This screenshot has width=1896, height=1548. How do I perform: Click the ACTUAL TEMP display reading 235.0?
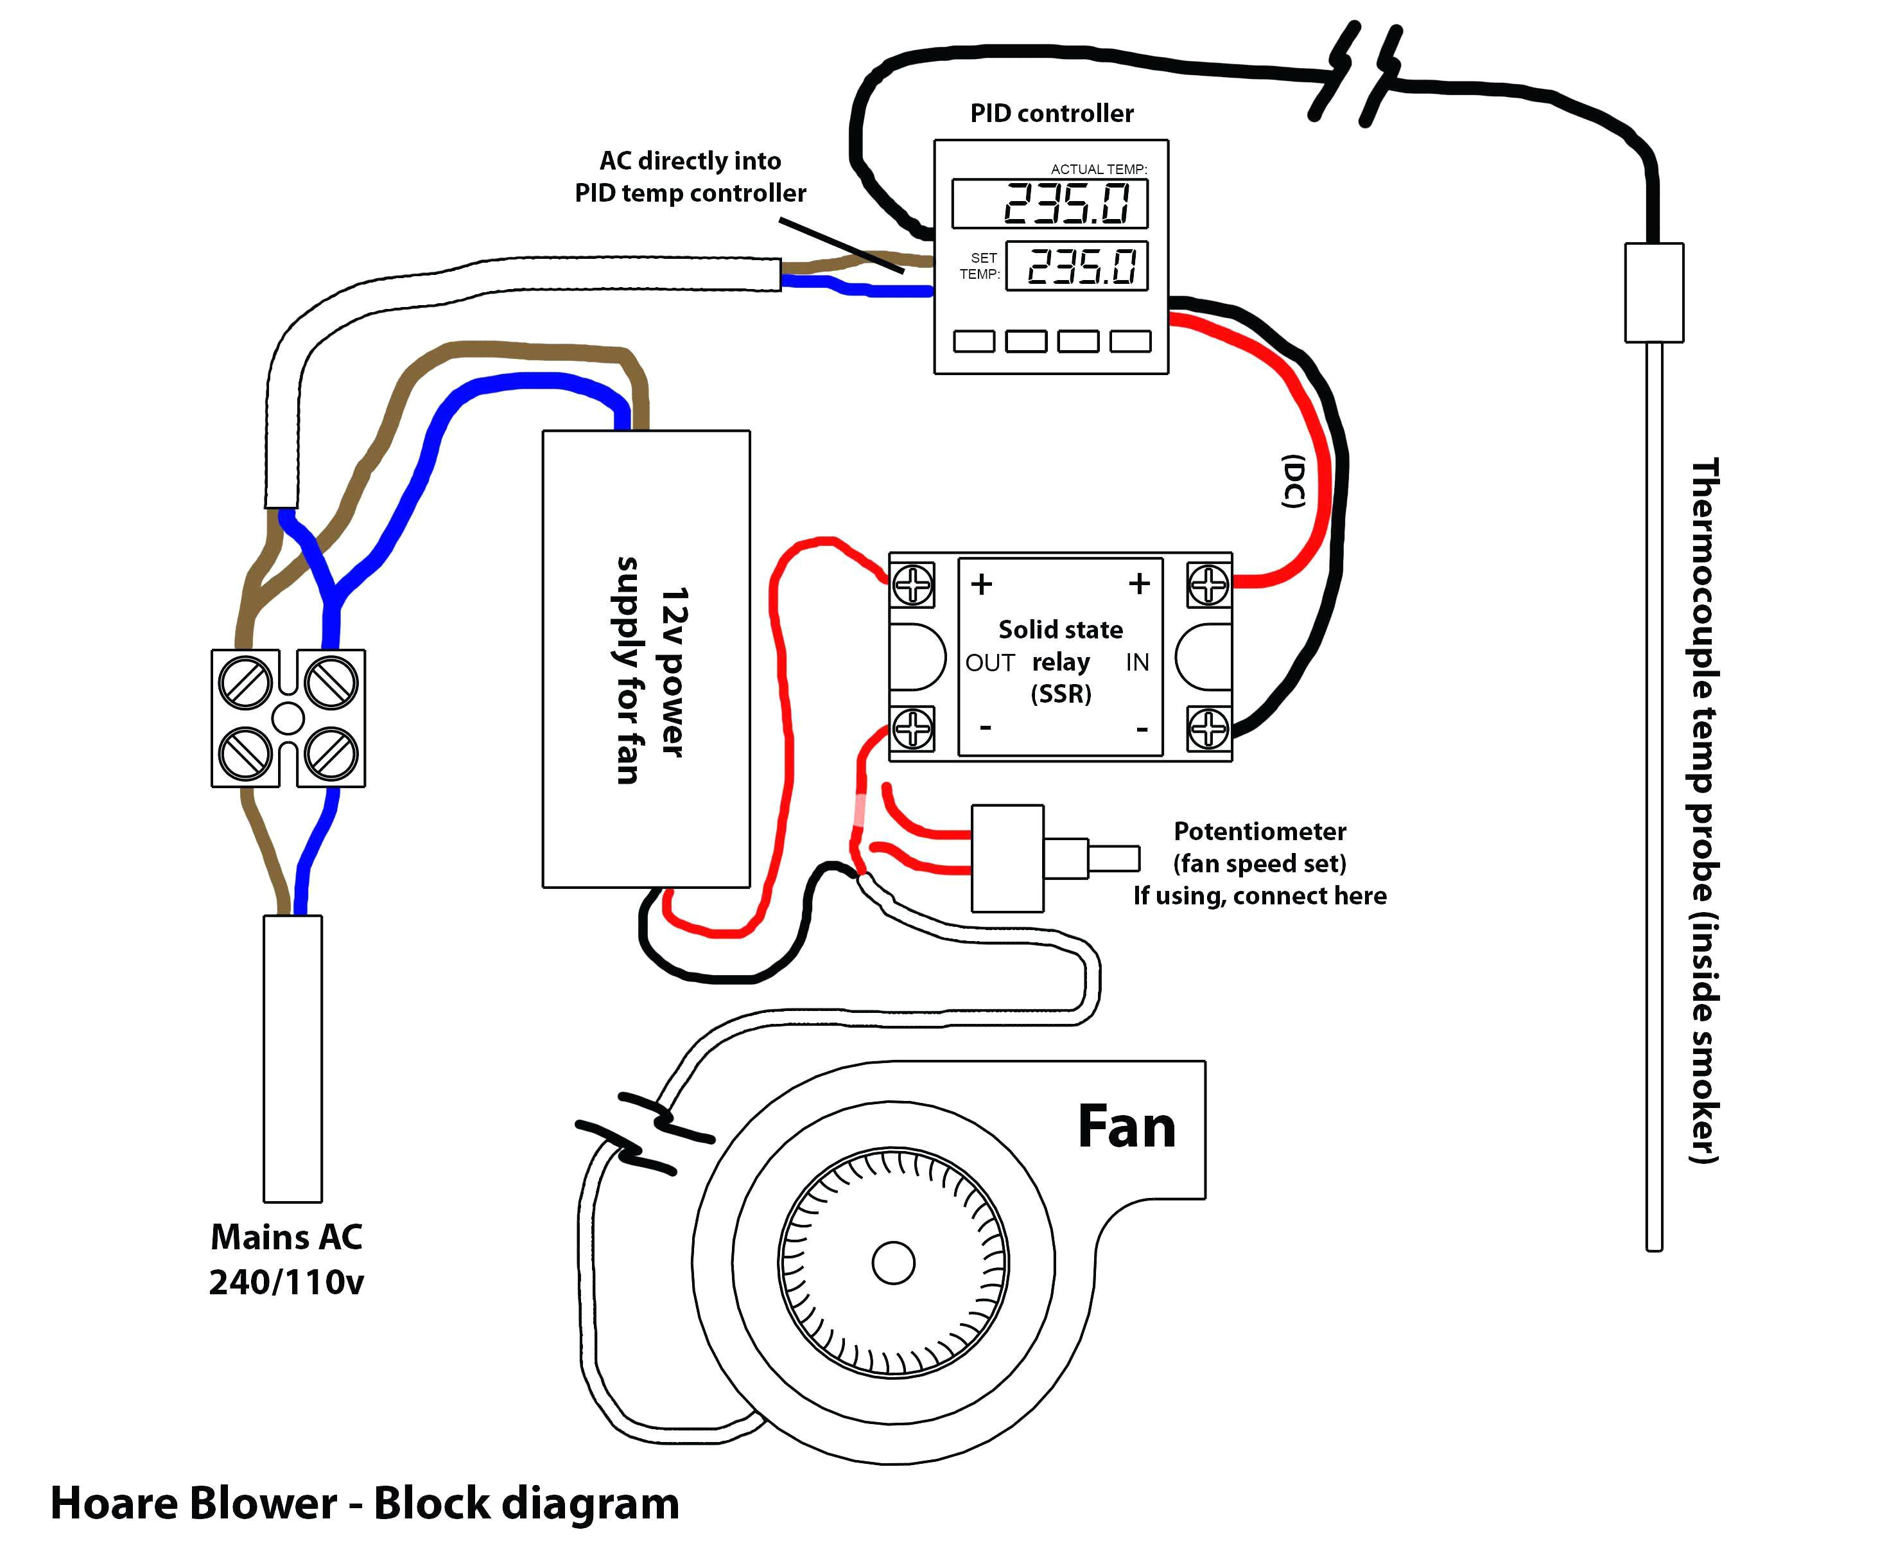click(x=1049, y=204)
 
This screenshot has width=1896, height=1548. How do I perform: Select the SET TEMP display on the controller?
click(x=1077, y=266)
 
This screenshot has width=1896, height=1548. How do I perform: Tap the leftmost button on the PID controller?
click(x=973, y=340)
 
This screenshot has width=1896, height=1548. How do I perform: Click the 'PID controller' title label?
click(x=1051, y=113)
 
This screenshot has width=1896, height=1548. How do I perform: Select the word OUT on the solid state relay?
click(x=989, y=662)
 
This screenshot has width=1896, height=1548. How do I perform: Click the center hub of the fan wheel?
click(x=892, y=1263)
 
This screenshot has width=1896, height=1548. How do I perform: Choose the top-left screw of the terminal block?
click(x=245, y=682)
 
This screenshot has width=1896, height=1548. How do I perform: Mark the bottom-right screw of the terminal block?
click(x=331, y=753)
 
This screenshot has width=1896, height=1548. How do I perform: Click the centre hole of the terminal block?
click(x=288, y=718)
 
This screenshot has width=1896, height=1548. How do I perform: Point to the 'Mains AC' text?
click(x=286, y=1237)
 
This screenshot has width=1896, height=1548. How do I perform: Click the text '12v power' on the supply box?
click(x=674, y=671)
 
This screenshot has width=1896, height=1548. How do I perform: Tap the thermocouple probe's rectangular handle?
click(x=1653, y=292)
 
